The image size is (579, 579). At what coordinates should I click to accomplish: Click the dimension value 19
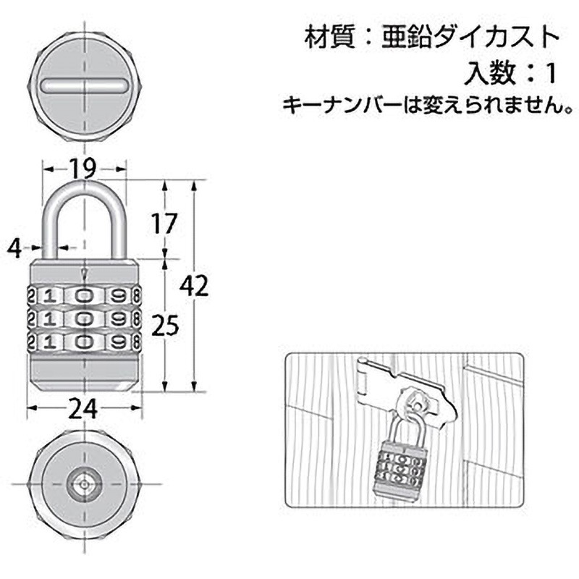[x=84, y=169]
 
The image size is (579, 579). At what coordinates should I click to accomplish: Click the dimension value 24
[x=83, y=410]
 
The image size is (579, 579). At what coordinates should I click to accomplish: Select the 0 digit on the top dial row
[x=85, y=295]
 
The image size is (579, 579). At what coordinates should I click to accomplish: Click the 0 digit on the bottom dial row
[x=85, y=342]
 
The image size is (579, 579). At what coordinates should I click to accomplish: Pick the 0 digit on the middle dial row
[x=85, y=318]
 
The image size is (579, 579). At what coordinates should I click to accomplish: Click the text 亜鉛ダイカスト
[x=470, y=35]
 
